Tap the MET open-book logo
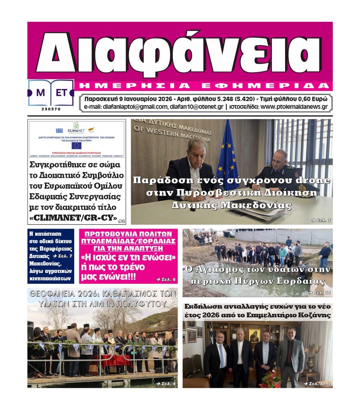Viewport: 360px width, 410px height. tap(51, 93)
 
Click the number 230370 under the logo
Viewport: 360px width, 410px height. tap(51, 109)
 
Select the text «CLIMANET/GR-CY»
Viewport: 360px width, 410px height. tap(73, 218)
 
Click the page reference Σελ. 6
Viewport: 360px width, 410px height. tap(164, 279)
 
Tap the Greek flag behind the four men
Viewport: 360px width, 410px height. tap(211, 338)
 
